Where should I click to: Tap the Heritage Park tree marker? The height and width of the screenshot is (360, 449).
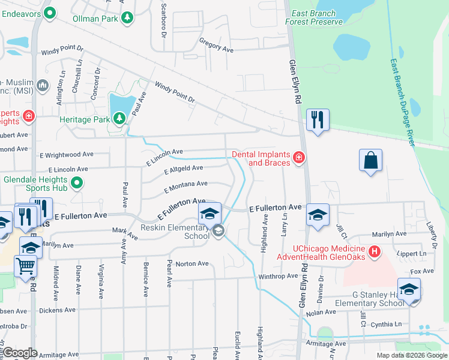(x=120, y=119)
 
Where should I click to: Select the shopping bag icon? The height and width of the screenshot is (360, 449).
(x=371, y=160)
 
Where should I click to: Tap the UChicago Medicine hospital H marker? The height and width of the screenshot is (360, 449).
(x=375, y=252)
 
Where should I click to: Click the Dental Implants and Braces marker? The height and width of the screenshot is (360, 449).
(x=298, y=158)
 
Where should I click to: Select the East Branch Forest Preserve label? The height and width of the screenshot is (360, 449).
(x=317, y=17)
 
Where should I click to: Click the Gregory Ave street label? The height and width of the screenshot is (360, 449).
(x=215, y=46)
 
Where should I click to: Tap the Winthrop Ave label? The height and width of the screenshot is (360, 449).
(x=278, y=277)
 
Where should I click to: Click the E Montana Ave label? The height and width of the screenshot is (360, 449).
(x=185, y=187)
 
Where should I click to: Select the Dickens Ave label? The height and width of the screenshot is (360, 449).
(x=57, y=311)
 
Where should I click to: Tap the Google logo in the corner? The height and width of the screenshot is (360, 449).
(x=20, y=353)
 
